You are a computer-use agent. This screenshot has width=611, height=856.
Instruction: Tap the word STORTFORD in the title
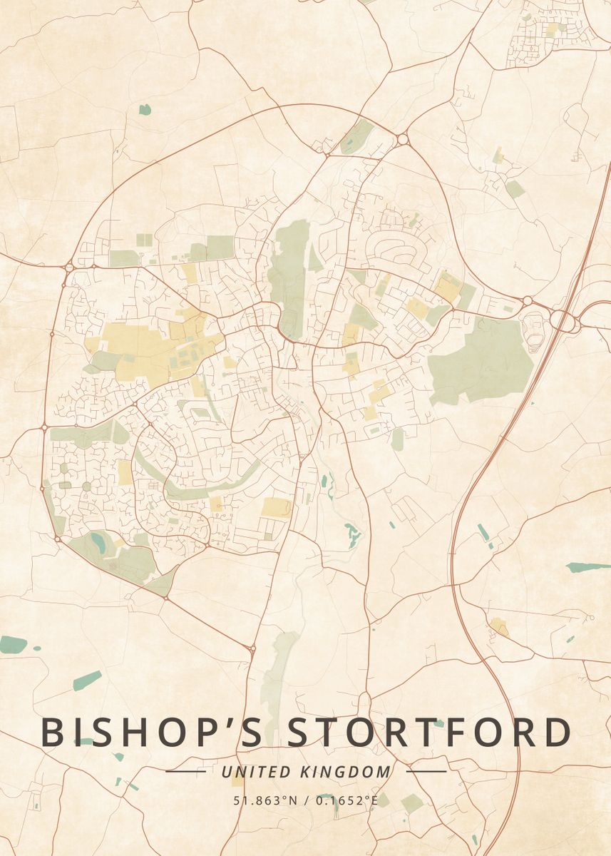[429, 733]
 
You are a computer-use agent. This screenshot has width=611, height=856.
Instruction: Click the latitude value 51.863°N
[265, 800]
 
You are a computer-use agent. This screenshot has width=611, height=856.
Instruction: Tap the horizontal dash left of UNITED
[185, 772]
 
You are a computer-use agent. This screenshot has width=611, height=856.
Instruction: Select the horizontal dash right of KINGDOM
[426, 772]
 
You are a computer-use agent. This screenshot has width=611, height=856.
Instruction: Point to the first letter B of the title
[53, 733]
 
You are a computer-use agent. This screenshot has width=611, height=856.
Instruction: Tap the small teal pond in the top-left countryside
[145, 109]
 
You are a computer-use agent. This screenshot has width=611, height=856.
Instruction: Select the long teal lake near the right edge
[588, 567]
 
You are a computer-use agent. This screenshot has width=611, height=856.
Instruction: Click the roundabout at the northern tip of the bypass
[402, 139]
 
